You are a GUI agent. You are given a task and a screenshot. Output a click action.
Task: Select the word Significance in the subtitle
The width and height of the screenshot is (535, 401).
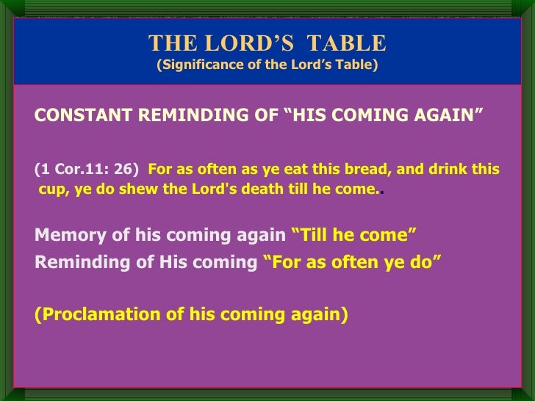pyautogui.click(x=204, y=65)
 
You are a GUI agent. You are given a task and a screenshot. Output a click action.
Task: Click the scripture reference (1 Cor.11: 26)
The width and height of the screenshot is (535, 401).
pyautogui.click(x=87, y=170)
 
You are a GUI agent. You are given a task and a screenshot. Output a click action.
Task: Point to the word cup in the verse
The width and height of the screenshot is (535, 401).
pyautogui.click(x=51, y=188)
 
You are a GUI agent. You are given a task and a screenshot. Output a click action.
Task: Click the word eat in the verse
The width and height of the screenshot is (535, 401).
pyautogui.click(x=290, y=170)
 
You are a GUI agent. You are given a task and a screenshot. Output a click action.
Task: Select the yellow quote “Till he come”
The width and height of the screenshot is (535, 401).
pyautogui.click(x=354, y=235)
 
